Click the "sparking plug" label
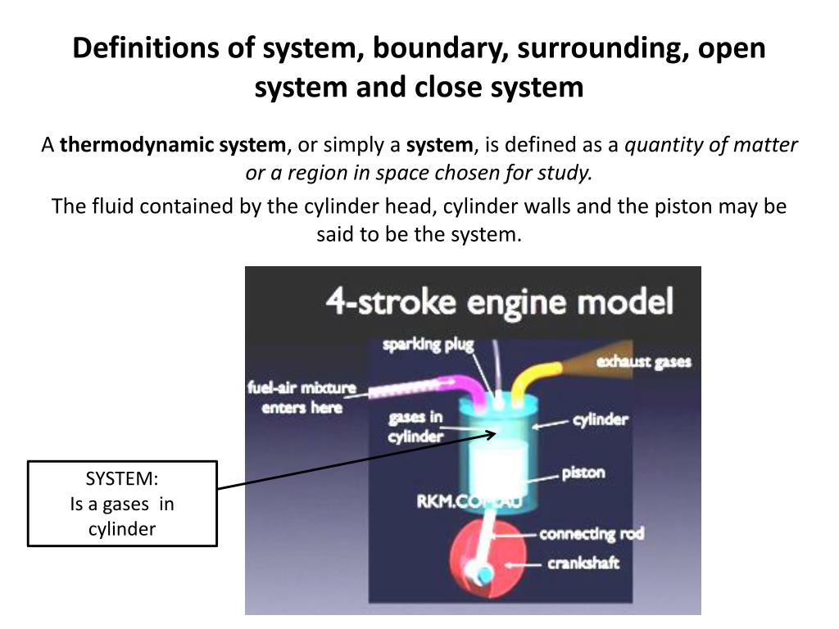tap(429, 344)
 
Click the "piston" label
tap(583, 473)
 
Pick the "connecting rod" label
tap(591, 534)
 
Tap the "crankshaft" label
tap(583, 563)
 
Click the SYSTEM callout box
tap(122, 504)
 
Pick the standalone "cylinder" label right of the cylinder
tap(600, 419)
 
